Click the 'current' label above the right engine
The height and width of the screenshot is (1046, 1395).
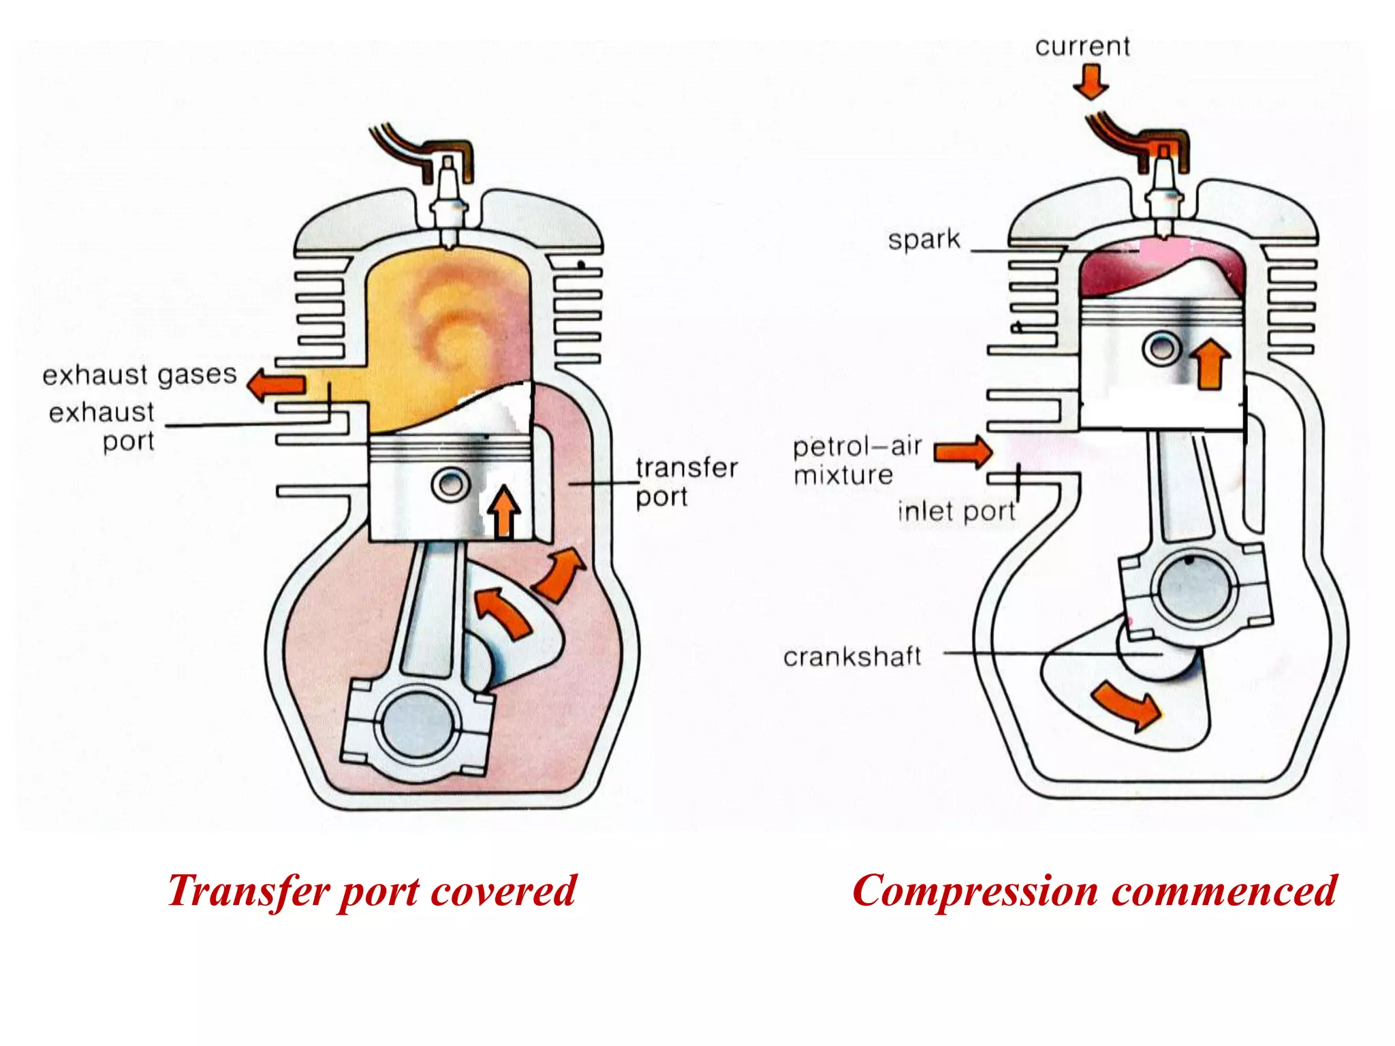[1082, 46]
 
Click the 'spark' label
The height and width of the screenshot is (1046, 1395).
[924, 240]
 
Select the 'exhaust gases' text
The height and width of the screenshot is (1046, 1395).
[139, 375]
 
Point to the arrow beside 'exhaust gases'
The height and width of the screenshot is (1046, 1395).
[275, 385]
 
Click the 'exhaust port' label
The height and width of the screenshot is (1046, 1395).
[102, 426]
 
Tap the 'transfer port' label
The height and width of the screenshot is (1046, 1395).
[686, 481]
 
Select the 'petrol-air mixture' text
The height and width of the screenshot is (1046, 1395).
[856, 460]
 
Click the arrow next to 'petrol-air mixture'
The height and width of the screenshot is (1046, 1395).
[963, 451]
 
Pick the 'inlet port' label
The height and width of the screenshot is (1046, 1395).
[955, 511]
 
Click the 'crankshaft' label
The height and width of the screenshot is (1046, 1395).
[852, 656]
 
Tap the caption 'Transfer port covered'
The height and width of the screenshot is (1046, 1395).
[372, 891]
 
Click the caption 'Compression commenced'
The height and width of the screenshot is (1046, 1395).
[1094, 891]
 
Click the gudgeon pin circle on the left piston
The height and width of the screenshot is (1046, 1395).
[450, 485]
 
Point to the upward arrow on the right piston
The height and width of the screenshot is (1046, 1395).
[1210, 364]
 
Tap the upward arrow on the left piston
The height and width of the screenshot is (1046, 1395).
[504, 512]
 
